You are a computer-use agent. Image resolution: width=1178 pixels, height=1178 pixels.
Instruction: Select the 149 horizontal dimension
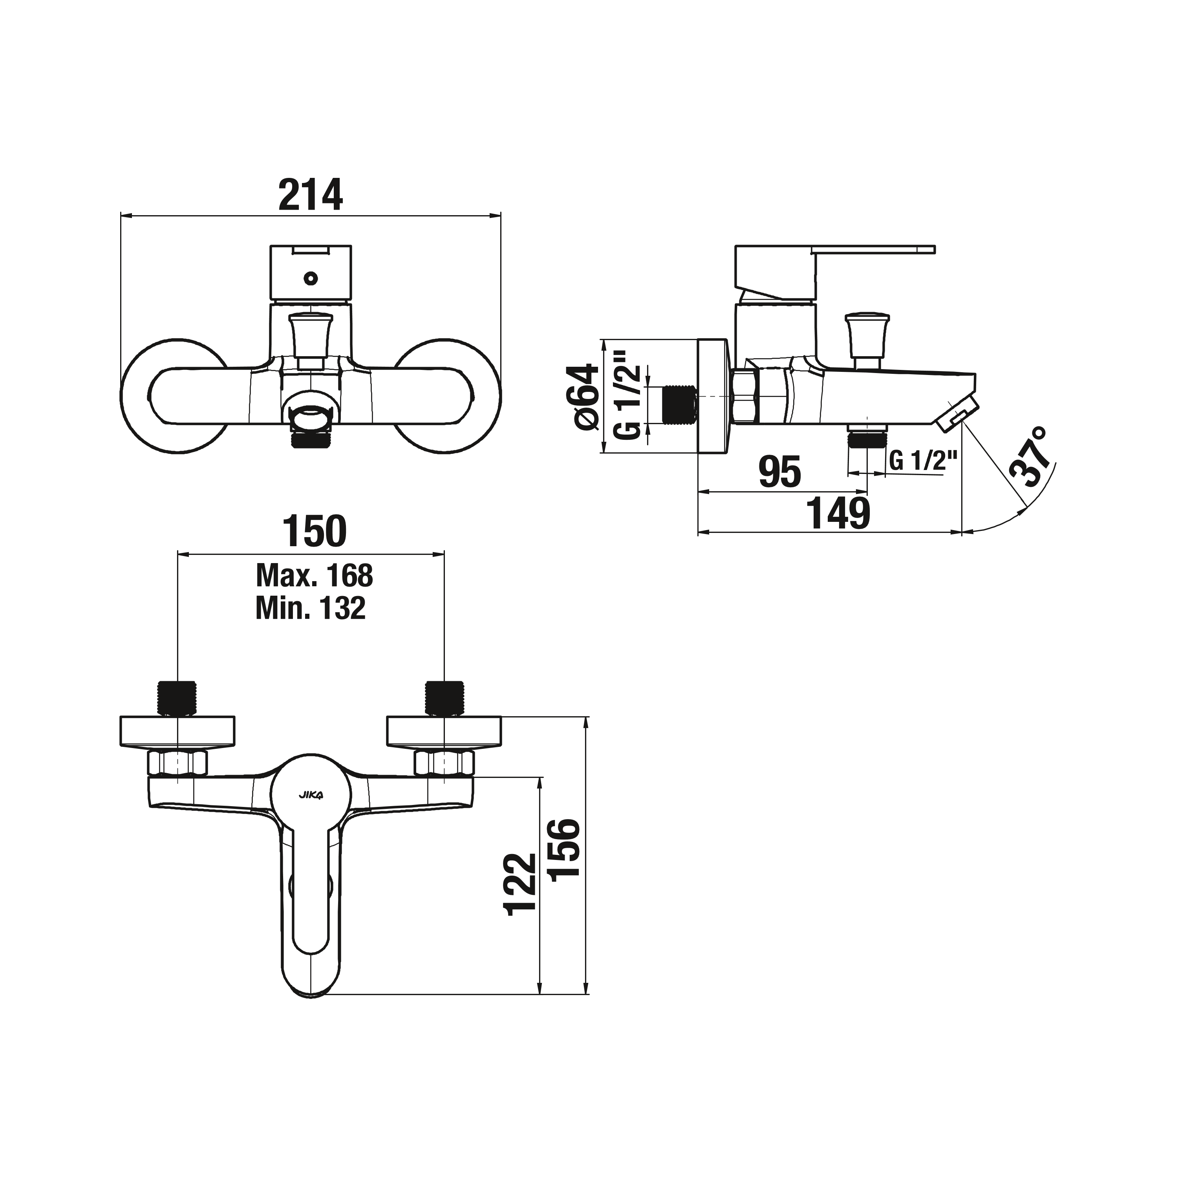[x=838, y=513]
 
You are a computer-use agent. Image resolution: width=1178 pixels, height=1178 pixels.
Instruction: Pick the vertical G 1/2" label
[x=628, y=395]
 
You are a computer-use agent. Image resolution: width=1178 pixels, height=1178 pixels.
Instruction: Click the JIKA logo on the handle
[x=311, y=794]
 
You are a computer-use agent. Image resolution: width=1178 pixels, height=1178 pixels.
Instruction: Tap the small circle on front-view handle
[x=310, y=279]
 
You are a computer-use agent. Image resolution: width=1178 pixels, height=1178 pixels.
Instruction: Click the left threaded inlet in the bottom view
[x=178, y=697]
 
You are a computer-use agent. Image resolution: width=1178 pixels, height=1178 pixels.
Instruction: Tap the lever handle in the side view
[x=872, y=249]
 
